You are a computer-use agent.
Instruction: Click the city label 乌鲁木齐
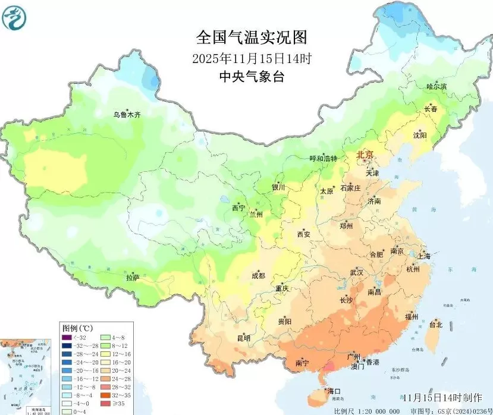click(x=127, y=114)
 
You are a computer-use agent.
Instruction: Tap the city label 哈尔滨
click(x=436, y=87)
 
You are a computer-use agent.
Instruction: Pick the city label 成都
click(x=258, y=275)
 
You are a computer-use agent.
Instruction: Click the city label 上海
click(x=424, y=256)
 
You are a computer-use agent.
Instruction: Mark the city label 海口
click(x=334, y=391)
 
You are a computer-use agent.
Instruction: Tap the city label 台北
click(x=435, y=325)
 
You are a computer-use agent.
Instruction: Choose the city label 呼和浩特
click(x=323, y=159)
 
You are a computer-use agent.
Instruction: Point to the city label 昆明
click(x=244, y=338)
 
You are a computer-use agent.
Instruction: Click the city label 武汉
click(x=357, y=272)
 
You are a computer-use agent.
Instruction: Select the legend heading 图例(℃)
click(x=77, y=328)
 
